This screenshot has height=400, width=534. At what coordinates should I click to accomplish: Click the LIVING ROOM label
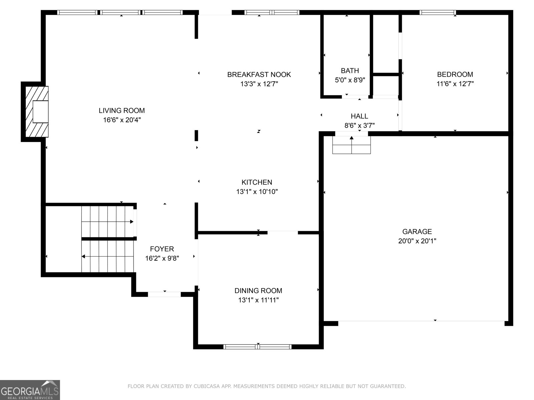(x=121, y=111)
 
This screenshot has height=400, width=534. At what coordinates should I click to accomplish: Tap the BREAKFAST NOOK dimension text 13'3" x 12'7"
(x=259, y=84)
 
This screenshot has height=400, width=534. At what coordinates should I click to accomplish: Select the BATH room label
(x=350, y=71)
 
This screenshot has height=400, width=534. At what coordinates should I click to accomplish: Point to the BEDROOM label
(x=455, y=74)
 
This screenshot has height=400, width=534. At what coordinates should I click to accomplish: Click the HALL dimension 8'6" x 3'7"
(x=359, y=125)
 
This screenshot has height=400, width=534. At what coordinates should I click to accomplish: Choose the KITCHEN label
(x=257, y=182)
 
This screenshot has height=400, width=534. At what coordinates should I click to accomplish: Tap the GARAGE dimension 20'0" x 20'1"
(x=417, y=241)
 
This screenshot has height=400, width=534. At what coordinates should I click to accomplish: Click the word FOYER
(x=162, y=249)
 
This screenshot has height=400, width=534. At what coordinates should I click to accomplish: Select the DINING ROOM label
(x=258, y=291)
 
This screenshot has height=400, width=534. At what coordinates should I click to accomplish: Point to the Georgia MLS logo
(x=30, y=390)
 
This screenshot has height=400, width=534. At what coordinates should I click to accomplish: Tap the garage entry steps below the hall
(x=351, y=145)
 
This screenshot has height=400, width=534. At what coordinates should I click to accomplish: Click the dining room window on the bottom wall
(x=257, y=347)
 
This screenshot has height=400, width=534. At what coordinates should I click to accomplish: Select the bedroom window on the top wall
(x=438, y=12)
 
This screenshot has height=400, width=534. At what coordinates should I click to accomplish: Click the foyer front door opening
(x=165, y=294)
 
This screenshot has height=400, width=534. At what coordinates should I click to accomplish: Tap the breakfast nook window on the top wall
(x=272, y=12)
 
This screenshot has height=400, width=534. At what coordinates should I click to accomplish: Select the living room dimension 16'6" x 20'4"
(x=122, y=120)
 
